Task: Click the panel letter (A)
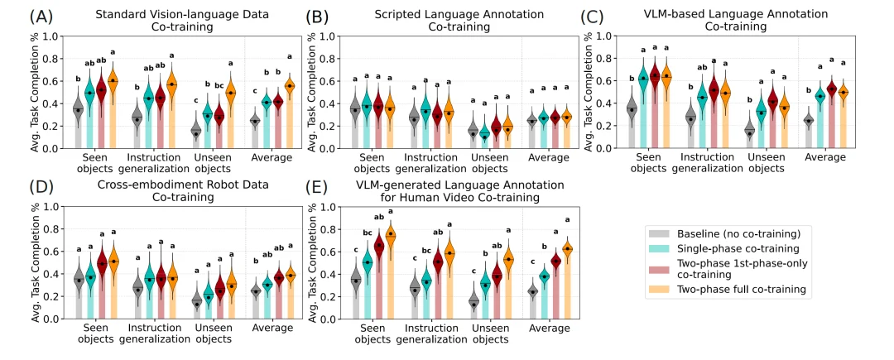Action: pyautogui.click(x=19, y=16)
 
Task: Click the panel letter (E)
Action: pyautogui.click(x=321, y=185)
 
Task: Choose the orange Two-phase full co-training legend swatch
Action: pyautogui.click(x=662, y=290)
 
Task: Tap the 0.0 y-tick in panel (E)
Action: pyautogui.click(x=325, y=319)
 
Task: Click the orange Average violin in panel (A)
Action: pyautogui.click(x=290, y=85)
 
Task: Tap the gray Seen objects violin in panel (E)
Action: pyautogui.click(x=356, y=280)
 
